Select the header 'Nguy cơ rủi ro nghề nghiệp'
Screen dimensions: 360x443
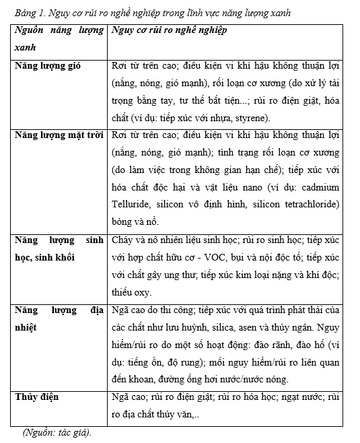point(169,32)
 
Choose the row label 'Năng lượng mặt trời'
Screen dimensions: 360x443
point(58,135)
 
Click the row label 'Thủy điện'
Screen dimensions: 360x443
point(37,397)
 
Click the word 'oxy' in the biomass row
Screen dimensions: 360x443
point(143,292)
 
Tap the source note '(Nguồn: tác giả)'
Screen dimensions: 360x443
point(57,432)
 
